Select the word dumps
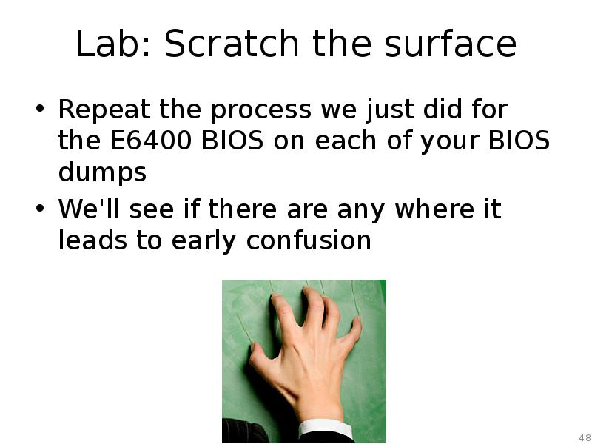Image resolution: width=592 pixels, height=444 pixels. tap(102, 173)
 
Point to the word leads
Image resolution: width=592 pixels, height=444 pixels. tap(96, 240)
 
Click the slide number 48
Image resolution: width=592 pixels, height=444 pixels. tap(584, 436)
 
